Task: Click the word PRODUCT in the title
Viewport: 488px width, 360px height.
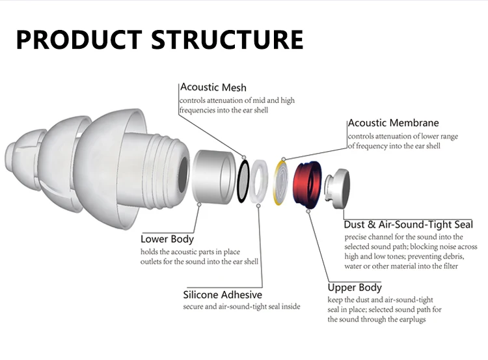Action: point(79,40)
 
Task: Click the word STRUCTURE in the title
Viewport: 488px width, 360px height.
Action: point(227,40)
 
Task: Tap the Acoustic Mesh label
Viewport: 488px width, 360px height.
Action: point(213,87)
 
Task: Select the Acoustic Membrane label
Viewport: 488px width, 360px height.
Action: point(394,122)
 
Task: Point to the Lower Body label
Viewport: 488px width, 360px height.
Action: point(167,239)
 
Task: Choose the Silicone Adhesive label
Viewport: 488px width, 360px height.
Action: point(223,295)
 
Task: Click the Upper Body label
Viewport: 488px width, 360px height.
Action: point(355,288)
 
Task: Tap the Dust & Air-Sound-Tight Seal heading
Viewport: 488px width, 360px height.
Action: point(409,225)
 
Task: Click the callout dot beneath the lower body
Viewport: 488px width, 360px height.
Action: point(200,204)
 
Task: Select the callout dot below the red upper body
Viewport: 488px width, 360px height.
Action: point(308,211)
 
